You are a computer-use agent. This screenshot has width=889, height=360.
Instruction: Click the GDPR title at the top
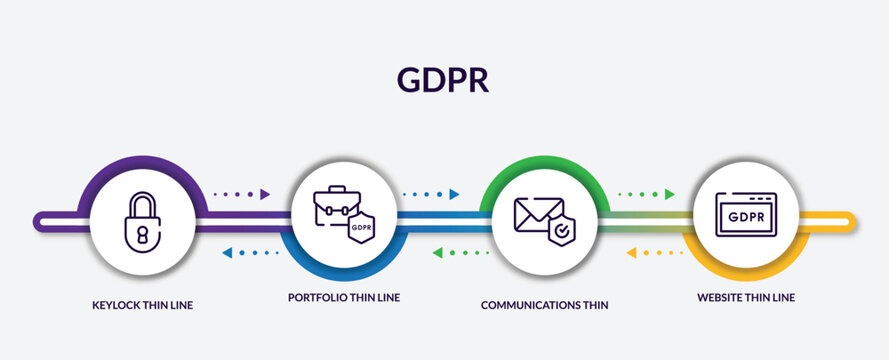[x=444, y=80]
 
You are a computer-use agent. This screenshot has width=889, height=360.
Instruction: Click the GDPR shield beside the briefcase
[x=360, y=228]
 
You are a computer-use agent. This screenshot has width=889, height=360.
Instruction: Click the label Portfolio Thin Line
[x=344, y=298]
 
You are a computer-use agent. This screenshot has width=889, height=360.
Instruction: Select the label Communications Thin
[x=544, y=304]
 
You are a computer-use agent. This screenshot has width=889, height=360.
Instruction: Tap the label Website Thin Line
[x=746, y=297]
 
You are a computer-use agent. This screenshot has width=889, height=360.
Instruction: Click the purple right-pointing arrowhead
[x=266, y=194]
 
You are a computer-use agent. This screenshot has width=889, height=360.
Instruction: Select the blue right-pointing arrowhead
[x=454, y=194]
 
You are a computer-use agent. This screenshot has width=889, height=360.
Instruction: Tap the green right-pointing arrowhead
[x=670, y=194]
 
